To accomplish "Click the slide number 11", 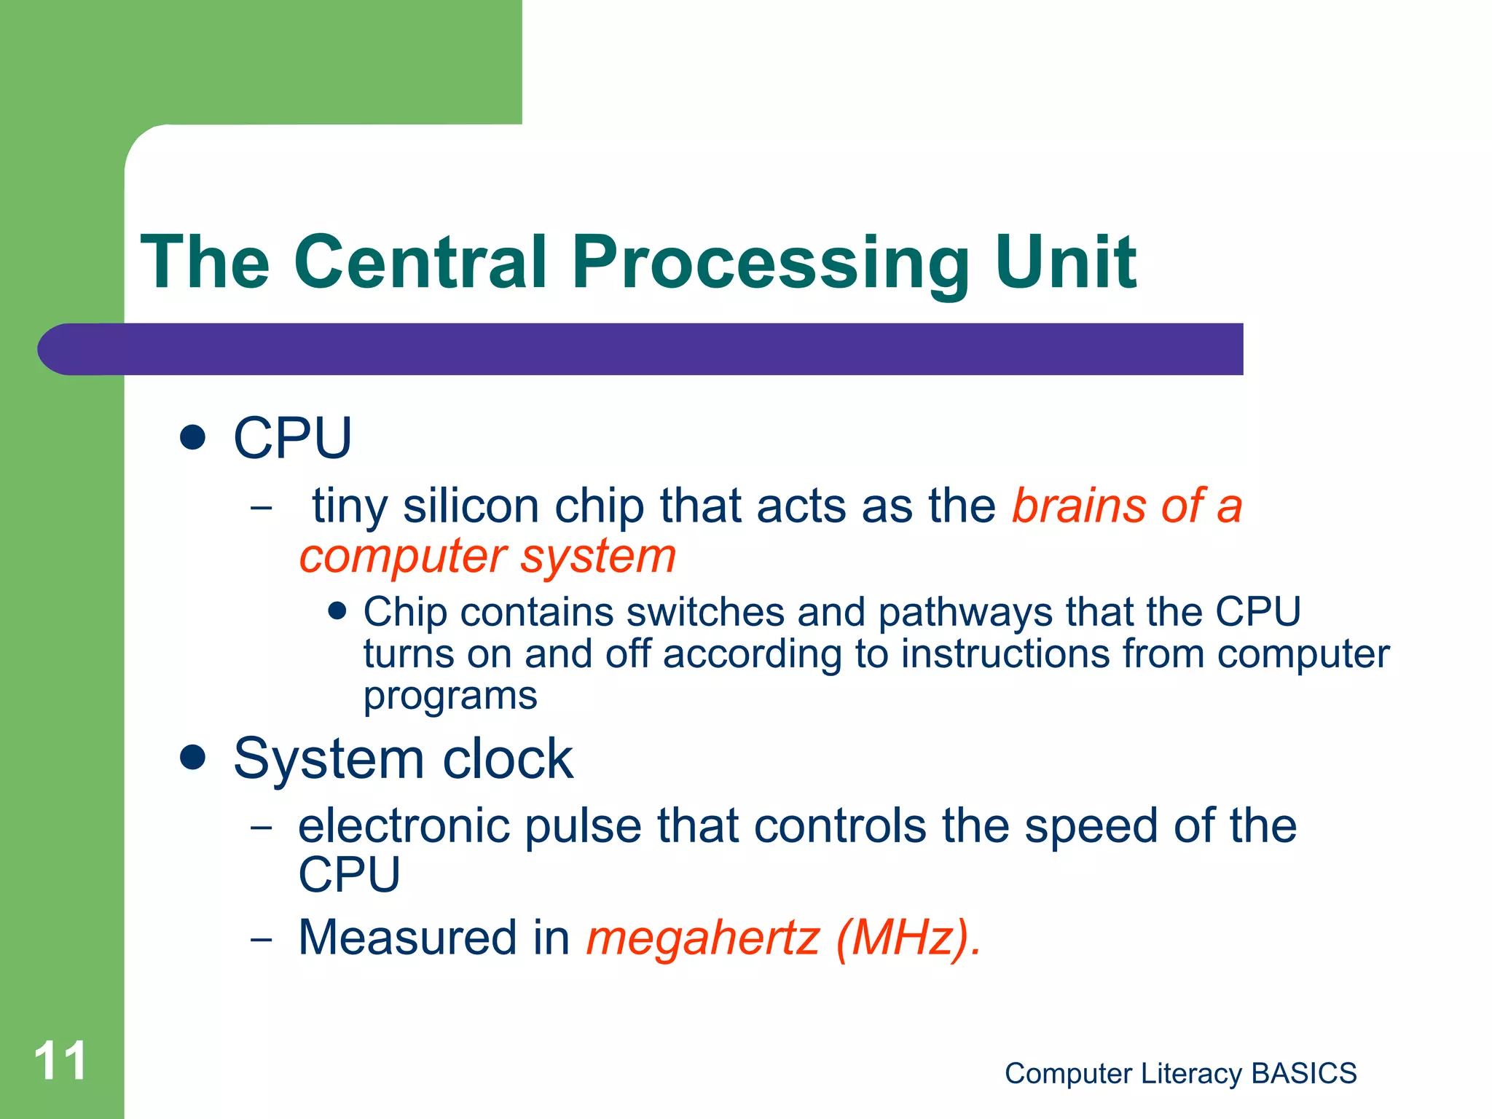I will coord(60,1061).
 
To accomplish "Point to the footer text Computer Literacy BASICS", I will coord(1180,1073).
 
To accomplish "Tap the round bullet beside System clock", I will coord(192,758).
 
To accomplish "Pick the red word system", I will coord(598,557).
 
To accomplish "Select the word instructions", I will coord(1005,653).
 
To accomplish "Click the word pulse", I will coord(583,827).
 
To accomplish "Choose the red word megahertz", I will coord(703,938).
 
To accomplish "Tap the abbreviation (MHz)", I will coord(907,938).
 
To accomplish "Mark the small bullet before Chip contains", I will coord(337,610).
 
